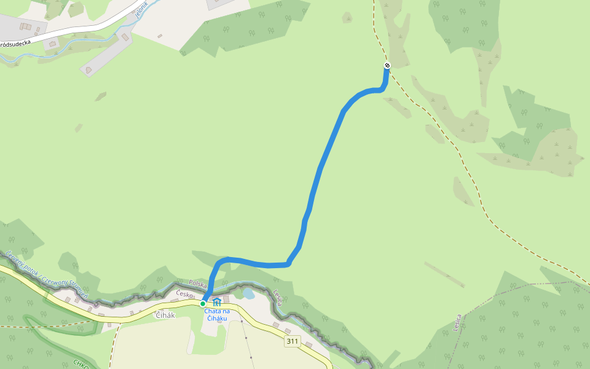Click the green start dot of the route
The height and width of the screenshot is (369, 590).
pos(203,303)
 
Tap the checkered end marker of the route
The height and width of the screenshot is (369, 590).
pos(387,65)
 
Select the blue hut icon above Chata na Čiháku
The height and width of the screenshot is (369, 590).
pos(216,301)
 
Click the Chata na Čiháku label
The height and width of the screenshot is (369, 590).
pos(217,315)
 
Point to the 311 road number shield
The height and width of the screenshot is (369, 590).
pos(292,341)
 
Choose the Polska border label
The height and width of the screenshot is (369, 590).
pos(198,284)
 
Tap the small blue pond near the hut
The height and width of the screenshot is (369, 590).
pos(248,294)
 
